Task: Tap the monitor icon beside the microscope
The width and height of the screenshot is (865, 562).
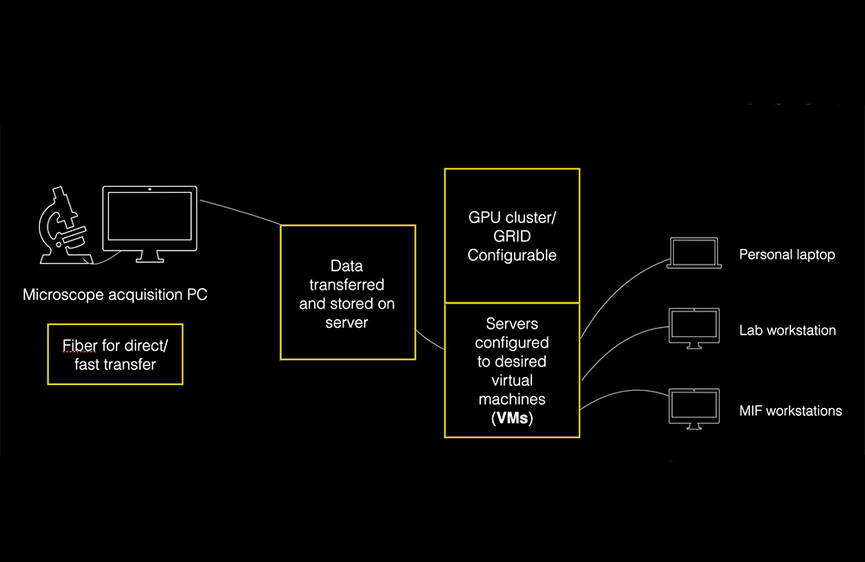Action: pyautogui.click(x=150, y=223)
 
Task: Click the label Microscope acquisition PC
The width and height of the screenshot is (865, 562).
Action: pyautogui.click(x=115, y=295)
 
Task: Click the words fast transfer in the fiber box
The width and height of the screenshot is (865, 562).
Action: pyautogui.click(x=115, y=365)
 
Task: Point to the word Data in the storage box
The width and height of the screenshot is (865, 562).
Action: pyautogui.click(x=347, y=265)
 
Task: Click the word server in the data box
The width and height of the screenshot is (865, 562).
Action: pyautogui.click(x=347, y=323)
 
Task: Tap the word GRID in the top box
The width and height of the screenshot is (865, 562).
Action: pyautogui.click(x=512, y=236)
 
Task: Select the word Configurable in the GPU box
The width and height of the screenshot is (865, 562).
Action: pyautogui.click(x=512, y=255)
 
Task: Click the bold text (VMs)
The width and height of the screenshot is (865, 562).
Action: pyautogui.click(x=512, y=418)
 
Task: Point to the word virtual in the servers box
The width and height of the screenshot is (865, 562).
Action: pyautogui.click(x=512, y=380)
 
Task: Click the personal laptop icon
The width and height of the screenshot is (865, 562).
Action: pyautogui.click(x=694, y=253)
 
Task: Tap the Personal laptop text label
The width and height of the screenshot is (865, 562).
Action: pyautogui.click(x=786, y=255)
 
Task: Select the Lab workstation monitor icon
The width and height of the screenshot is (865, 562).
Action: pyautogui.click(x=694, y=329)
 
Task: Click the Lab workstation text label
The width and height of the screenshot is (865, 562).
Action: pyautogui.click(x=787, y=330)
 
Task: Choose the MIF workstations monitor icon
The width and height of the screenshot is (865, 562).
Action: pyautogui.click(x=694, y=409)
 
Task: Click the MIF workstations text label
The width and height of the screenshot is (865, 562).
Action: pyautogui.click(x=791, y=411)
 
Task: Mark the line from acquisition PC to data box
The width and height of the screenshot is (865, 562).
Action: pyautogui.click(x=240, y=211)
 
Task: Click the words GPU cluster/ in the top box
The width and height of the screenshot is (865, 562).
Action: pyautogui.click(x=512, y=217)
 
